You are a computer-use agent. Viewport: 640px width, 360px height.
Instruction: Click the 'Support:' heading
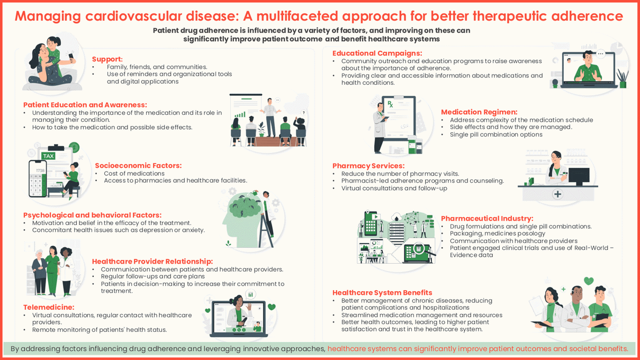pyautogui.click(x=107, y=59)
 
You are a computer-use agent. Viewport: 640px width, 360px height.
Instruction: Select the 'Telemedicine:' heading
pyautogui.click(x=49, y=307)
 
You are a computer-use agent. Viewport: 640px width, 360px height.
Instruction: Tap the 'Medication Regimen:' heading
pyautogui.click(x=479, y=112)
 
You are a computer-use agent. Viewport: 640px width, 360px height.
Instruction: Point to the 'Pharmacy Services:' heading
pyautogui.click(x=368, y=166)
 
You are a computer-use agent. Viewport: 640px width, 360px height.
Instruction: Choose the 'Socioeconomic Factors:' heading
pyautogui.click(x=138, y=165)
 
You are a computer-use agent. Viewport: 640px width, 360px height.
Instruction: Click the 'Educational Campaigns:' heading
pyautogui.click(x=377, y=53)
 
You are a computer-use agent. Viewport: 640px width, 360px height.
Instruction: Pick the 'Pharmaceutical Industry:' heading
pyautogui.click(x=487, y=218)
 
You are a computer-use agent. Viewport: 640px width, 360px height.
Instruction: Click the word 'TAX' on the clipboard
pyautogui.click(x=48, y=156)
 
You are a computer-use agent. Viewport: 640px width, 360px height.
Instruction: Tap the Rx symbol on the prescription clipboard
pyautogui.click(x=390, y=104)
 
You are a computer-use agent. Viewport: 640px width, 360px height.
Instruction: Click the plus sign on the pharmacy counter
pyautogui.click(x=557, y=194)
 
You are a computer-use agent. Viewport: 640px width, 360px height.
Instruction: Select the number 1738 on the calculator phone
pyautogui.click(x=40, y=170)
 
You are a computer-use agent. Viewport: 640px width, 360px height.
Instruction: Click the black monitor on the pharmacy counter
pyautogui.click(x=579, y=175)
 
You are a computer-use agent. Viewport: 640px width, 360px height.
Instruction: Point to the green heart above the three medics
pyautogui.click(x=589, y=281)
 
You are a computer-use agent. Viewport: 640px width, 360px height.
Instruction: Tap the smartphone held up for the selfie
pyautogui.click(x=71, y=56)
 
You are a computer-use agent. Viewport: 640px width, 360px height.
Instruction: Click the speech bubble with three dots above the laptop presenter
pyautogui.click(x=601, y=53)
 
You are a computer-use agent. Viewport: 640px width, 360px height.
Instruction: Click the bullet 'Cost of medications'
pyautogui.click(x=134, y=174)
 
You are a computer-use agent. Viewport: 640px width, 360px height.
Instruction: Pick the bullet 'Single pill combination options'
pyautogui.click(x=496, y=134)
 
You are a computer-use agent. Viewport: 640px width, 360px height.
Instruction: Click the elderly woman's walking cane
pyautogui.click(x=35, y=283)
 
